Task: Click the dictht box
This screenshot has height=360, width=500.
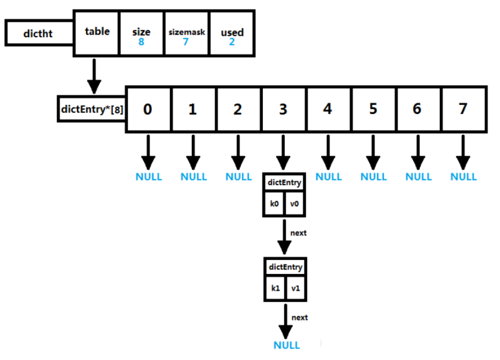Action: coord(39,34)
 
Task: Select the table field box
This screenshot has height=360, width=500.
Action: coord(97,32)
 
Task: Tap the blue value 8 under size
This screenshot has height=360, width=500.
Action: coord(141,42)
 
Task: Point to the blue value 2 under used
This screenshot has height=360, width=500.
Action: coord(232,42)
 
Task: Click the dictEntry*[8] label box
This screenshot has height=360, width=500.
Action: coord(92,109)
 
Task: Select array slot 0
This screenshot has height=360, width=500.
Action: coord(148,109)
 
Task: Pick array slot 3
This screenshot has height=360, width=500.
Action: coord(283,109)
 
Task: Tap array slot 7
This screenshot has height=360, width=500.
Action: coord(463,109)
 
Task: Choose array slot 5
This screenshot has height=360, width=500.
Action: coord(373,109)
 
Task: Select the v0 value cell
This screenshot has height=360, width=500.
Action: coord(294,204)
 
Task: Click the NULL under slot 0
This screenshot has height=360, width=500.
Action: coord(149,177)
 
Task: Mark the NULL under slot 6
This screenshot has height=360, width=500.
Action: coord(418,177)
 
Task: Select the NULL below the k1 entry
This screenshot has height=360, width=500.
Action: coord(286,345)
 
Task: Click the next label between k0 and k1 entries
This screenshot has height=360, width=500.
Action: coord(299,233)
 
